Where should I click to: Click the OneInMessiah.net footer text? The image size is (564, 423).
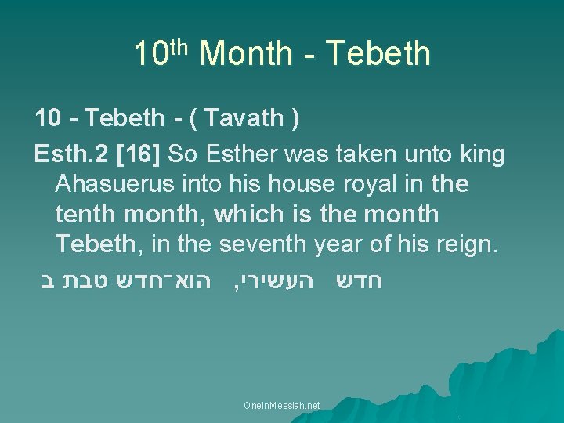281,404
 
